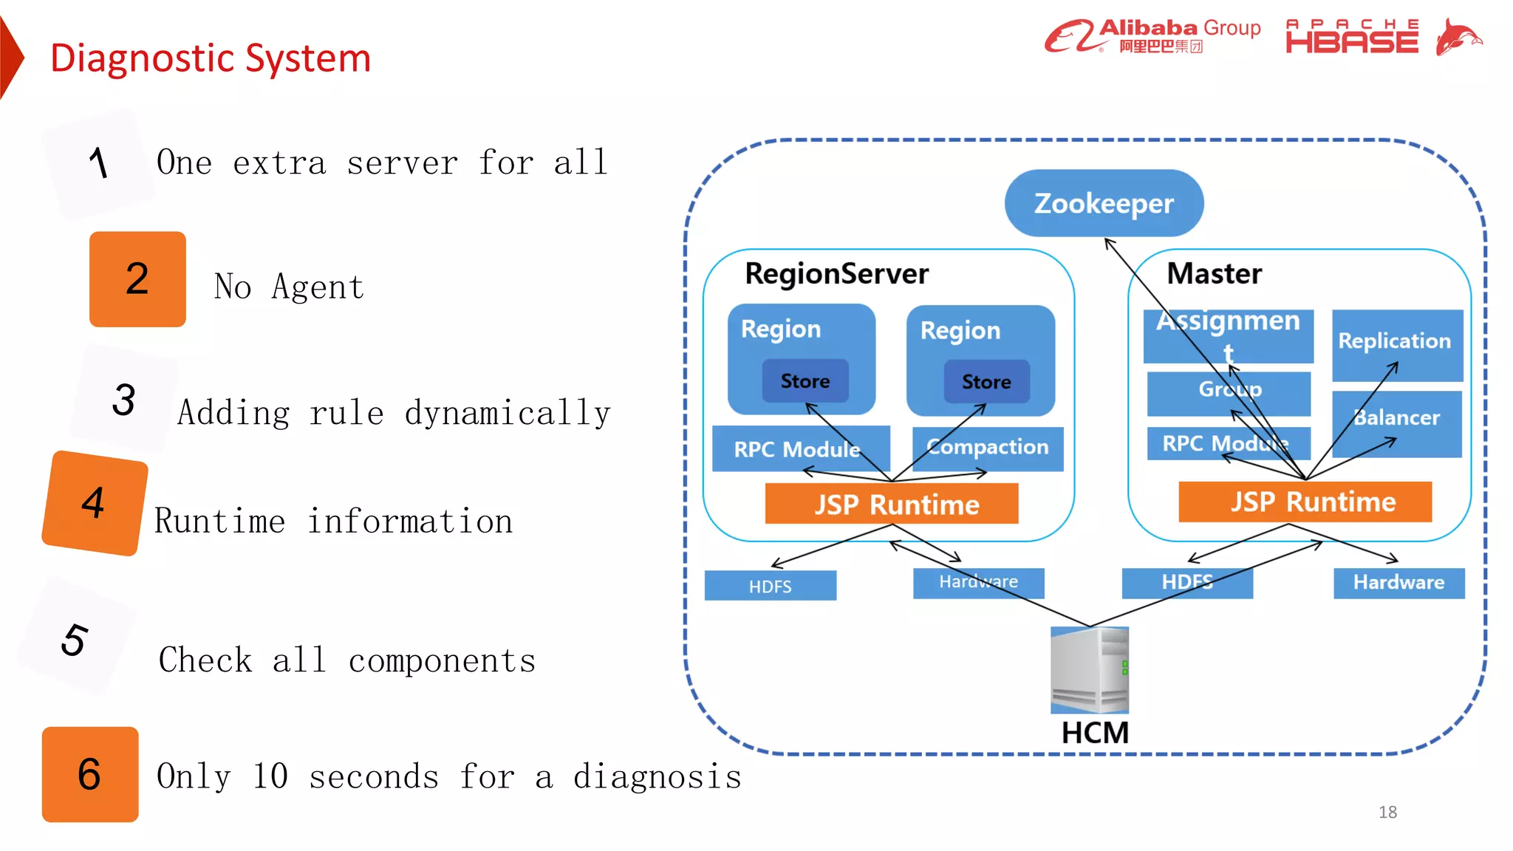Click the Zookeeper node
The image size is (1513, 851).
click(x=1104, y=203)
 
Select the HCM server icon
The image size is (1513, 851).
click(x=1090, y=669)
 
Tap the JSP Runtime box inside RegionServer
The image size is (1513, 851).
click(x=892, y=504)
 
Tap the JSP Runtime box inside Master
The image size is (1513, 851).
click(x=1305, y=502)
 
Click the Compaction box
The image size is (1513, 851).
click(x=988, y=448)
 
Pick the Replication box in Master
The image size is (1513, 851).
click(x=1396, y=344)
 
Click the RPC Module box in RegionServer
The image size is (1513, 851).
click(x=799, y=448)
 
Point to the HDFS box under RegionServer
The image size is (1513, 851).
click(x=770, y=586)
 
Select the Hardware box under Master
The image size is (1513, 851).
click(x=1398, y=583)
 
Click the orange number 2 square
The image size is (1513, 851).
click(x=137, y=279)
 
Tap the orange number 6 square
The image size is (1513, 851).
click(x=90, y=774)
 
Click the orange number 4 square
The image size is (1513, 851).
click(x=95, y=503)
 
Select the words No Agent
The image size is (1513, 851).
click(x=289, y=287)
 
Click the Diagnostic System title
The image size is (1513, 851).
click(x=211, y=58)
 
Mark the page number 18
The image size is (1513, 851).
click(x=1387, y=812)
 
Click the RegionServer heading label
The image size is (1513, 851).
click(x=836, y=274)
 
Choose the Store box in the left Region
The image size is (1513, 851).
click(x=805, y=381)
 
